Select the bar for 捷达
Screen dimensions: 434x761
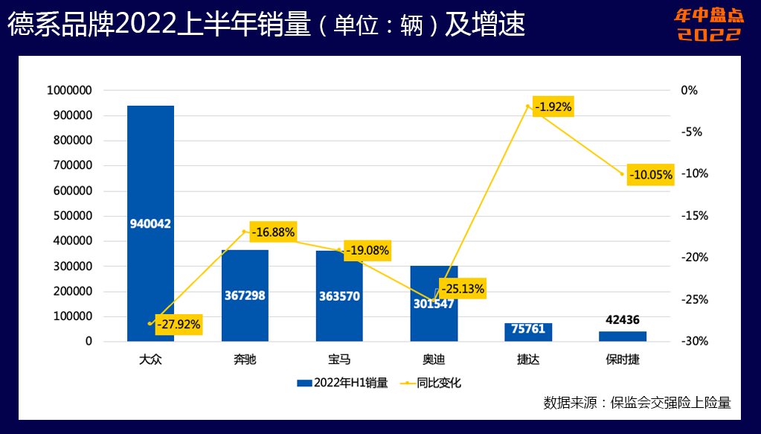pyautogui.click(x=528, y=332)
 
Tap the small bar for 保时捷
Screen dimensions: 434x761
pyautogui.click(x=623, y=336)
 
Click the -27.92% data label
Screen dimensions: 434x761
pyautogui.click(x=179, y=325)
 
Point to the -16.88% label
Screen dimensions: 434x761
pyautogui.click(x=273, y=232)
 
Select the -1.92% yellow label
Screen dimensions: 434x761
pyautogui.click(x=553, y=107)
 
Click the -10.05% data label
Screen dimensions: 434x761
pyautogui.click(x=651, y=176)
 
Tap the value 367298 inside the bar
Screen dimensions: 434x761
pyautogui.click(x=245, y=296)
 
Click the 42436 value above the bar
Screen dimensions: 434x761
pyautogui.click(x=623, y=320)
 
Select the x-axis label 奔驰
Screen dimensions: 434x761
pyautogui.click(x=245, y=360)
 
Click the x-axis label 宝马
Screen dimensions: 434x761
pyautogui.click(x=339, y=360)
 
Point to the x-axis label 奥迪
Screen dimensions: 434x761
pyautogui.click(x=434, y=360)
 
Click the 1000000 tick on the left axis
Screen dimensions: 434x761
pyautogui.click(x=69, y=91)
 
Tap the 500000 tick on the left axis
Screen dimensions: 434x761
pyautogui.click(x=72, y=217)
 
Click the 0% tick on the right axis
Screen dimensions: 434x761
pyautogui.click(x=690, y=91)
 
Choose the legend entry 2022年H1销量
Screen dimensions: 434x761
pyautogui.click(x=343, y=383)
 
